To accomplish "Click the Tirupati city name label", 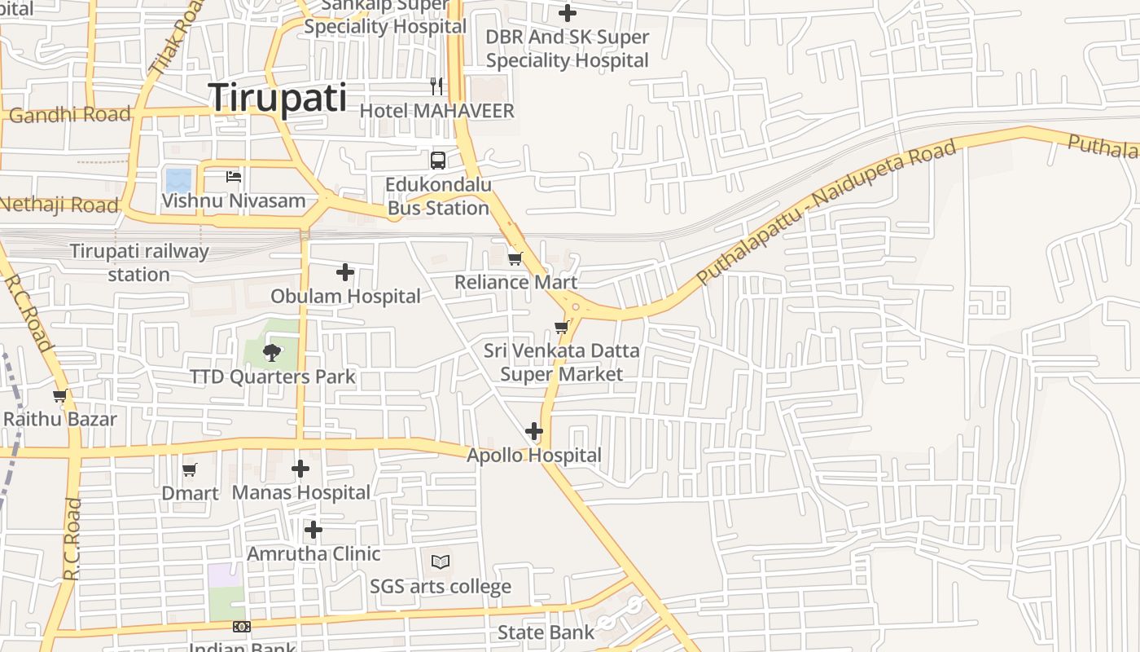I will [278, 98].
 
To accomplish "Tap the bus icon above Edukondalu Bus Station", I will [438, 160].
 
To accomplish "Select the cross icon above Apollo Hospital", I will [534, 431].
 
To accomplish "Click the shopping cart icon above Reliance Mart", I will [515, 259].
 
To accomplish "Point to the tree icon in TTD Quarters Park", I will [272, 353].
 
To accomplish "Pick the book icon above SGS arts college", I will [441, 562].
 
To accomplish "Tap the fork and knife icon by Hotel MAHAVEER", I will [436, 86].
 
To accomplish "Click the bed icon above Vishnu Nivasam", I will [234, 176].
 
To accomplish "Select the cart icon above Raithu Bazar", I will [59, 396].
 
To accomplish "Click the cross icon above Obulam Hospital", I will [345, 272].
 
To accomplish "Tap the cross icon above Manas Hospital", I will [300, 469].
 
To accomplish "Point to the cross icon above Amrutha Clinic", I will [313, 531].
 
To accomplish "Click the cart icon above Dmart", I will [190, 469].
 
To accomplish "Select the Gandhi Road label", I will [70, 114].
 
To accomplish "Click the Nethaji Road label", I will [59, 205].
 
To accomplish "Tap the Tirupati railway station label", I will [139, 262].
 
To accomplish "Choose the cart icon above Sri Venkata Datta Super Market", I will [561, 328].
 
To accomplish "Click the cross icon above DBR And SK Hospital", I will [568, 13].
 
